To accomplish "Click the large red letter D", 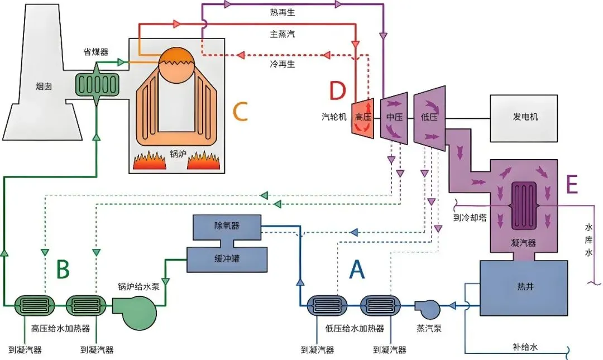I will point(337,90).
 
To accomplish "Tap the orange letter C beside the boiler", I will point(240,112).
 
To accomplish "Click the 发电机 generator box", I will point(523,118).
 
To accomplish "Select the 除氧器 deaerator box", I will point(226,226).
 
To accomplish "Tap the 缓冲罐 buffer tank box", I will point(226,258).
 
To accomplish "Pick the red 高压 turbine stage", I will point(363,118).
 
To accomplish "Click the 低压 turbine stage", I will point(429,118).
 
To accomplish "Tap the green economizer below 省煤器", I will point(97,84).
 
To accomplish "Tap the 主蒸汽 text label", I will point(282,34).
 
